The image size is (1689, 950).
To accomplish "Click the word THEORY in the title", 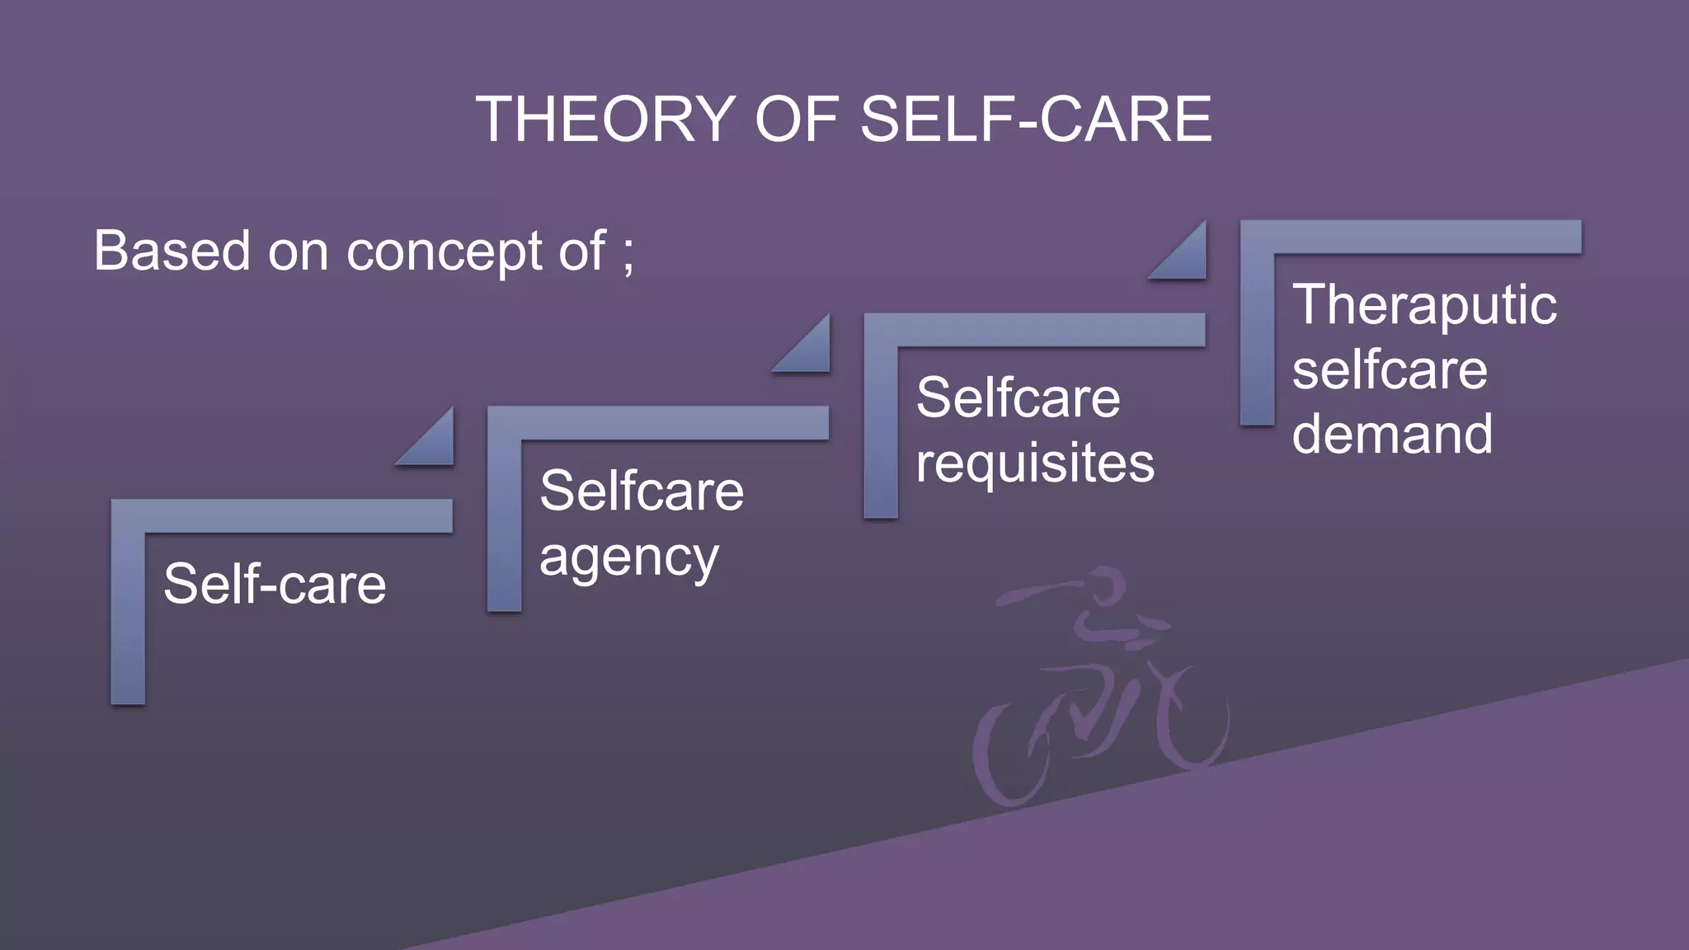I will point(606,120).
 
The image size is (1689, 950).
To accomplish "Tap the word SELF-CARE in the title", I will point(1036,120).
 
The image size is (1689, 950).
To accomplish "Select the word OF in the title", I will point(797,120).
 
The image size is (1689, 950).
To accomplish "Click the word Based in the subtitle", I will point(172,251).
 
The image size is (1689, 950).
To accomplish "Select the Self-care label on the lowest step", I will point(275,584).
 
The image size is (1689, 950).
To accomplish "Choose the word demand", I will point(1392,434).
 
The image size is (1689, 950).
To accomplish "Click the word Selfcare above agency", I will point(642,491).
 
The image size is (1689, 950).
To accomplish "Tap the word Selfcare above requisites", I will point(1018,398).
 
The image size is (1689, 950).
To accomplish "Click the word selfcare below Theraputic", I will point(1390,370).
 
